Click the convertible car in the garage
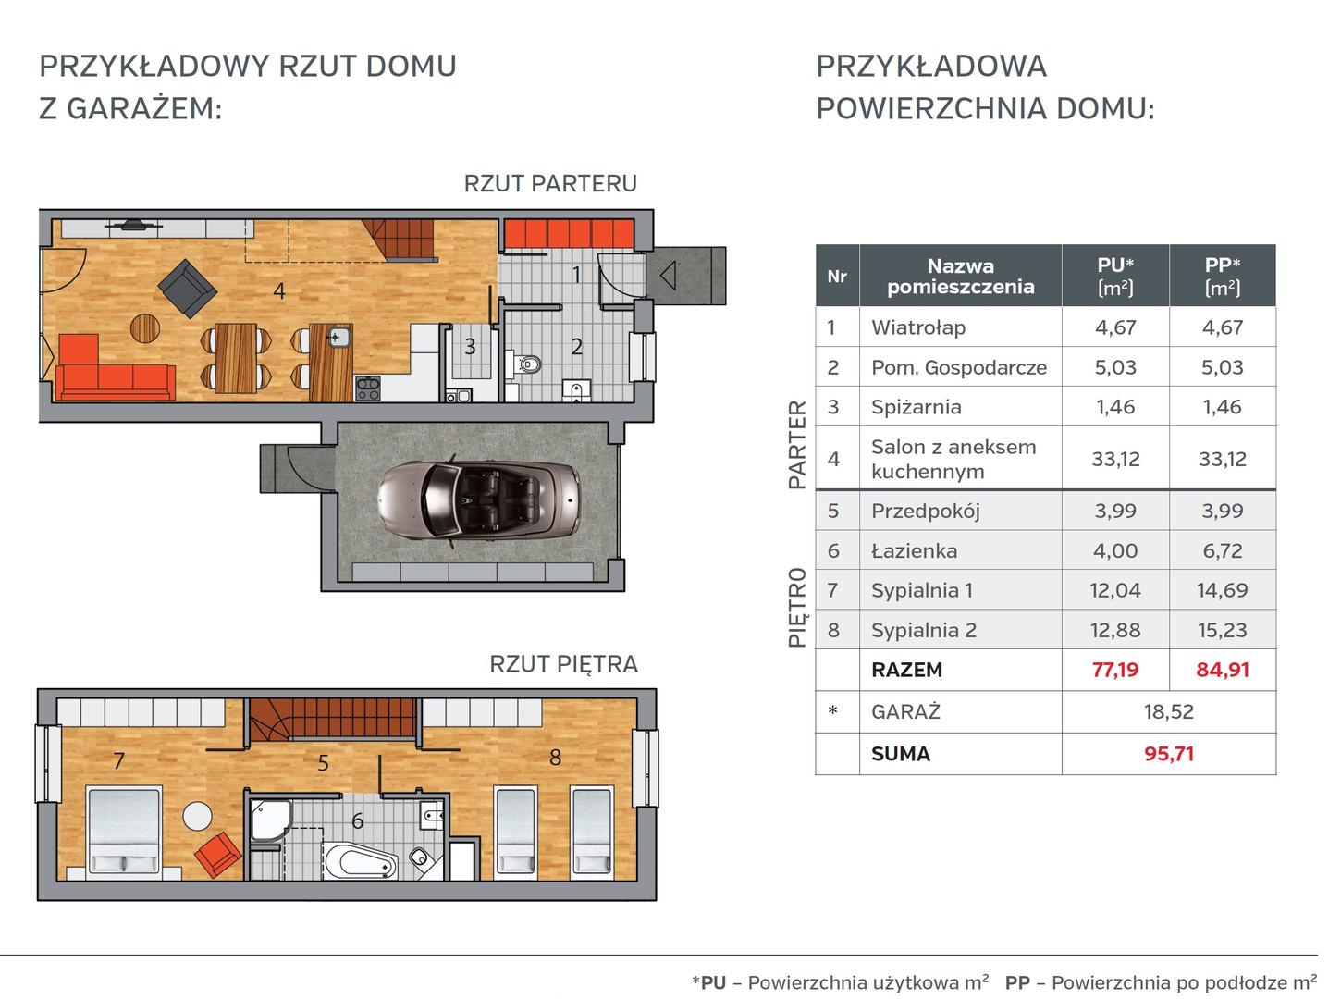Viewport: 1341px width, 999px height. point(479,502)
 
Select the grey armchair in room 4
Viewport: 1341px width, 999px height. point(188,289)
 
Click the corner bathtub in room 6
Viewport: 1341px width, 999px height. point(361,861)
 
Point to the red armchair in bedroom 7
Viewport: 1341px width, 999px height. point(218,854)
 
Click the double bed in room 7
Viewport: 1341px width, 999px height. point(125,832)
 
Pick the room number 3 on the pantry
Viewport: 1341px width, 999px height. point(470,347)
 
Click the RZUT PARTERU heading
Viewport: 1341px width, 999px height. point(550,183)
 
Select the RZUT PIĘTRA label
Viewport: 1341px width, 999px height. point(563,664)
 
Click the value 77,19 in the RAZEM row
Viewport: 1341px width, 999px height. point(1115,670)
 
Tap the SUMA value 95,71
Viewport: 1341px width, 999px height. point(1169,754)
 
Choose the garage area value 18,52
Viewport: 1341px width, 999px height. point(1169,711)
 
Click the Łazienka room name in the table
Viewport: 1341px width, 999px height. point(914,551)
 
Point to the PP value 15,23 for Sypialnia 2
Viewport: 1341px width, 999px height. point(1222,630)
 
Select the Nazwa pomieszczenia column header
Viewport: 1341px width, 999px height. point(960,276)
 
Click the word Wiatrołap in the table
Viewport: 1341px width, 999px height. point(917,327)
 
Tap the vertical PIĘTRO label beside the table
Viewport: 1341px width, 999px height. point(797,608)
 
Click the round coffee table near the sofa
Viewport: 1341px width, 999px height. point(145,328)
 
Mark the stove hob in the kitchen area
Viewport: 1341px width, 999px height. point(367,388)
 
